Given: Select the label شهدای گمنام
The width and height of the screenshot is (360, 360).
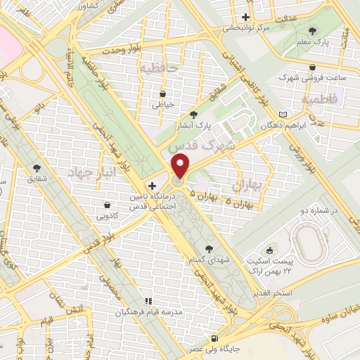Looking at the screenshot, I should [x=209, y=260].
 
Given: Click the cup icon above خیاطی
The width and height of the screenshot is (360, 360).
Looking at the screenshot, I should [x=163, y=93].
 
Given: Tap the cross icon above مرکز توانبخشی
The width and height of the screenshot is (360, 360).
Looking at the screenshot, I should [x=245, y=17].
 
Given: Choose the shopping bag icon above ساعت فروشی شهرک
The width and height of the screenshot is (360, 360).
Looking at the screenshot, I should [x=314, y=67].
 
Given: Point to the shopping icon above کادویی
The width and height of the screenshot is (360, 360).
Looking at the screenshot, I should [x=108, y=205].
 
